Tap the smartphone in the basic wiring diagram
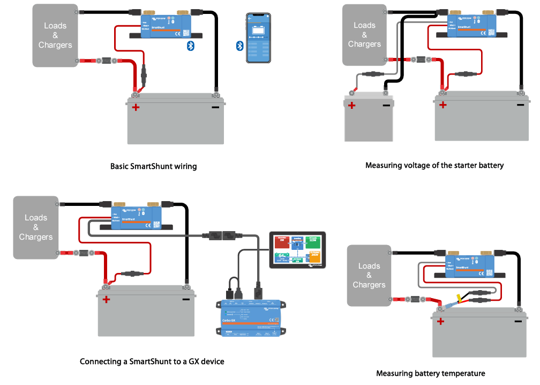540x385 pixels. click(259, 38)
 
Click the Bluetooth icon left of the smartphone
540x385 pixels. click(240, 46)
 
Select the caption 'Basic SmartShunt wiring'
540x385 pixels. click(153, 166)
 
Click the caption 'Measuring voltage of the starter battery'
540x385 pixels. click(434, 165)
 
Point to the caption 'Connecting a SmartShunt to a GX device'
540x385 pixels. click(152, 361)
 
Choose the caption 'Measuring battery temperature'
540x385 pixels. click(431, 373)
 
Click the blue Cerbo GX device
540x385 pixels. click(250, 318)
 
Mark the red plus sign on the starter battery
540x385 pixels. click(351, 105)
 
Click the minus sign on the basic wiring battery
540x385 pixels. click(215, 107)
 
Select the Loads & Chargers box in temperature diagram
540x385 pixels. click(369, 276)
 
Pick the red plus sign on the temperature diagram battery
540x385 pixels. click(440, 322)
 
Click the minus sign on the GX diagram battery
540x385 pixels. click(185, 299)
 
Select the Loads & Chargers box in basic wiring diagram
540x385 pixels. click(55, 35)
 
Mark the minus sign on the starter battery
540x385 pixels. click(386, 105)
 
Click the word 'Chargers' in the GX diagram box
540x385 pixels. click(36, 237)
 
